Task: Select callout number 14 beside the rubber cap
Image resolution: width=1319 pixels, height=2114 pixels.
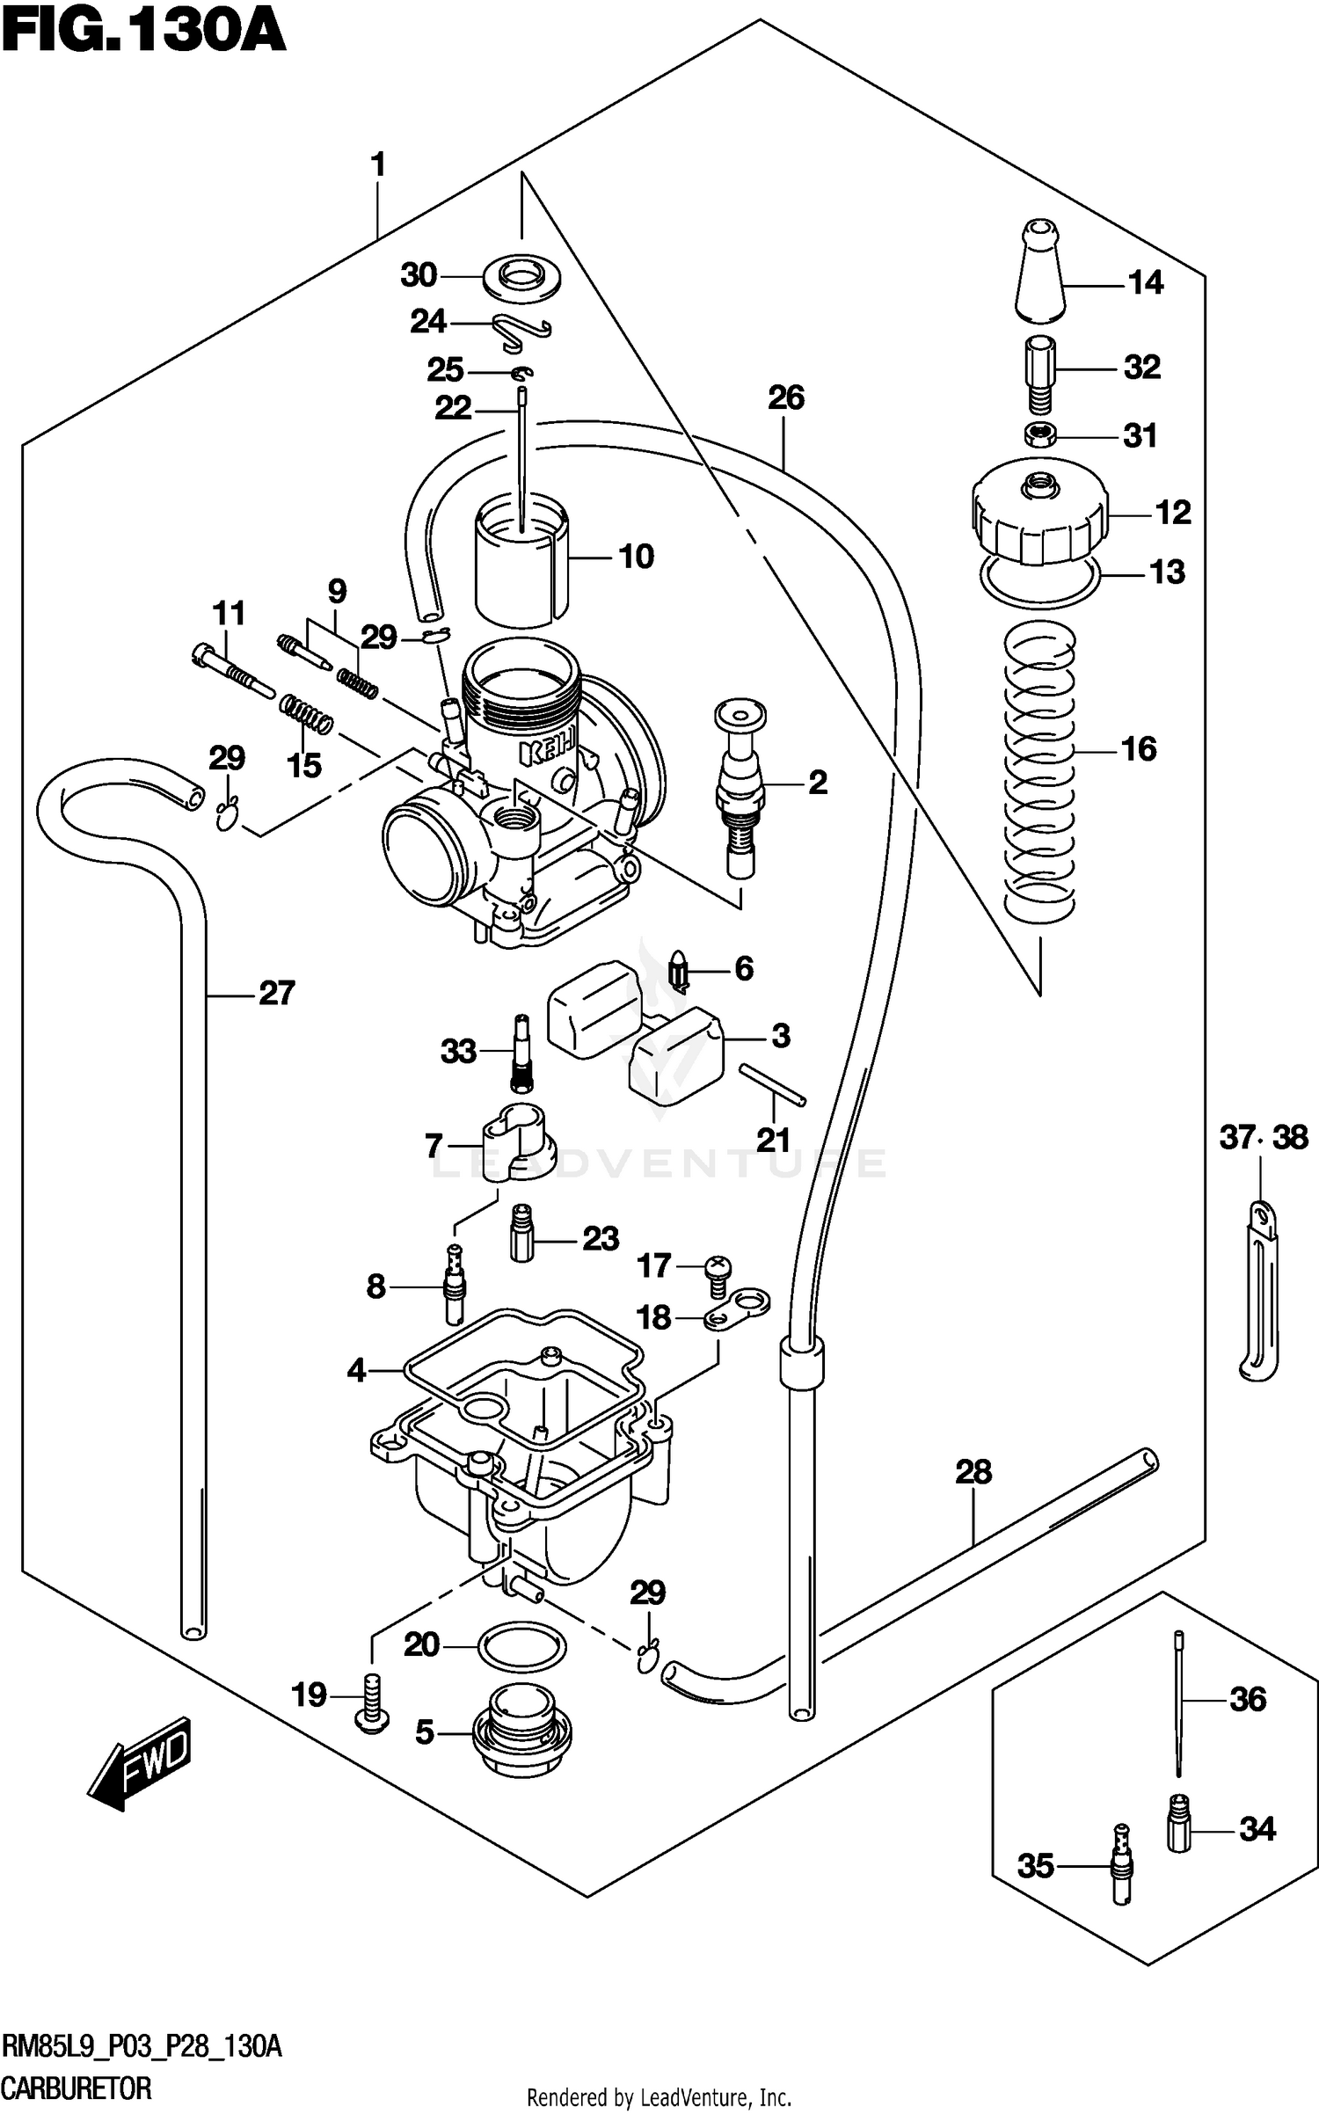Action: [1145, 283]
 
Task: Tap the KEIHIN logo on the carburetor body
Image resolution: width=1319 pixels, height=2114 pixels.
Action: [547, 753]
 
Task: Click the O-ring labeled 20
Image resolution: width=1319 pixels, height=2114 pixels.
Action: [521, 1644]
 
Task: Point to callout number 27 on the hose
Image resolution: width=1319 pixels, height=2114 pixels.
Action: [276, 993]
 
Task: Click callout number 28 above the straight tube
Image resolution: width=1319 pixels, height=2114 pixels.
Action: [973, 1471]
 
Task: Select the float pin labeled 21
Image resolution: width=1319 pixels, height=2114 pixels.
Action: [772, 1083]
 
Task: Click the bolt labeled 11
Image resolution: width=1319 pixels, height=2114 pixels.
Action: [231, 668]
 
